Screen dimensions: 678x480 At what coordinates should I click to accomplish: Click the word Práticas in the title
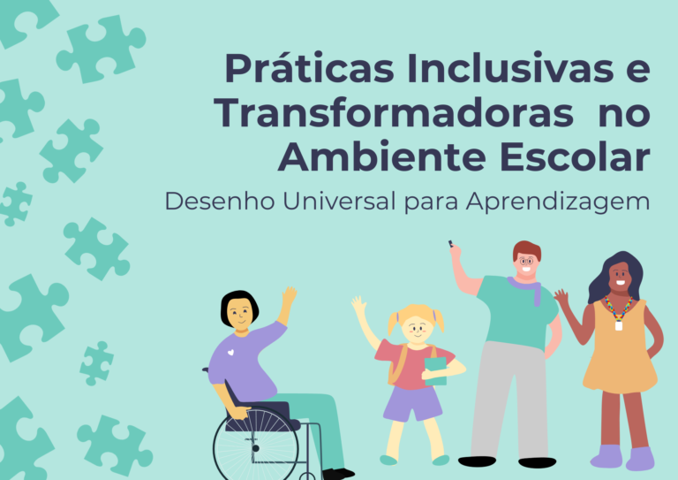[309, 68]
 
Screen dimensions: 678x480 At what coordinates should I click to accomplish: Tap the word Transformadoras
[394, 112]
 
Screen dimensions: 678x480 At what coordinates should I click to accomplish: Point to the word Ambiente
[382, 156]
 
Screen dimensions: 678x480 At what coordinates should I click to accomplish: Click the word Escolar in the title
[575, 156]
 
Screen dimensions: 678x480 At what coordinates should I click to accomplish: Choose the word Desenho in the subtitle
[220, 202]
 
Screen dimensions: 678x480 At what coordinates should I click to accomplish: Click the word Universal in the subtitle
[339, 202]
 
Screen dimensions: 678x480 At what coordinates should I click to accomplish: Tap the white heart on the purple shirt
[230, 353]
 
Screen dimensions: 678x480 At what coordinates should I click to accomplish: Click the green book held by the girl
[435, 371]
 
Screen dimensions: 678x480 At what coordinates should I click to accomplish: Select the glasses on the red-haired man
[526, 261]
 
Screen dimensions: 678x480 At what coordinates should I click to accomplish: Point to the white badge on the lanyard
[619, 325]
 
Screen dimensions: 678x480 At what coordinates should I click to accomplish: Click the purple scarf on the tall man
[527, 288]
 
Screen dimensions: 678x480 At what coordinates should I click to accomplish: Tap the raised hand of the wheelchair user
[289, 296]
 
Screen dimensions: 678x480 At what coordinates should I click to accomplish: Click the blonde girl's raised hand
[359, 304]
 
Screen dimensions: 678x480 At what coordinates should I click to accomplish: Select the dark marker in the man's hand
[450, 244]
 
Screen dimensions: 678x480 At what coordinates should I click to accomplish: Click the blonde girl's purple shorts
[412, 403]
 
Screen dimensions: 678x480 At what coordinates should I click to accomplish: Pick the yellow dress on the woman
[620, 347]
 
